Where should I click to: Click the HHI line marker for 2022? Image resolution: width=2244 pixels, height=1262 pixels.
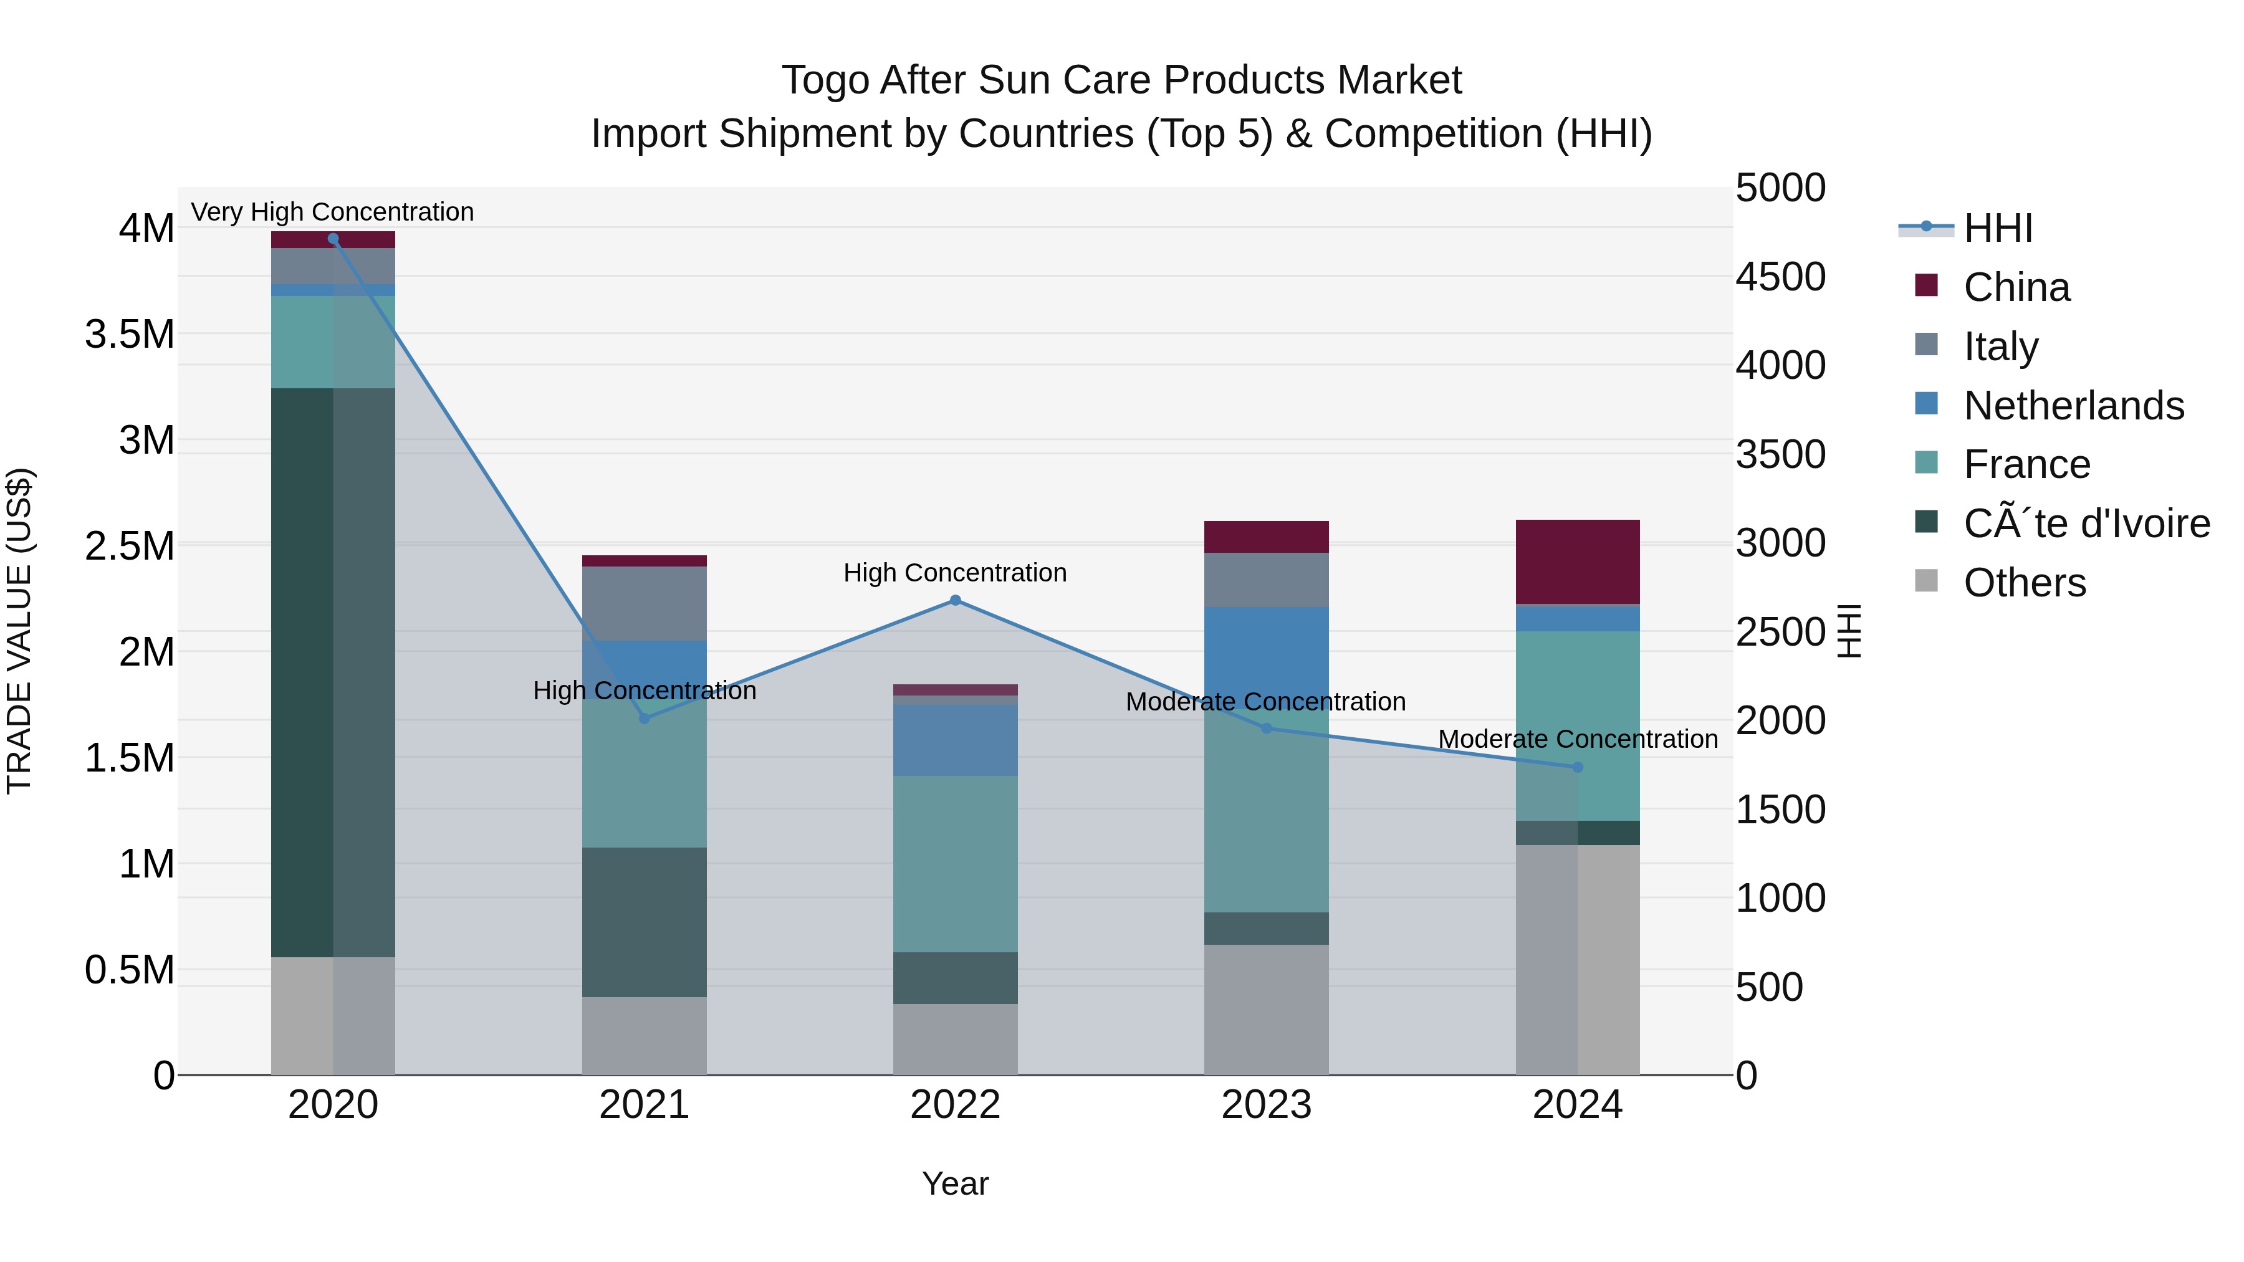tap(955, 600)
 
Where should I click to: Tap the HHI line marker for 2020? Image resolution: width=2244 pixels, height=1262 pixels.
tap(333, 239)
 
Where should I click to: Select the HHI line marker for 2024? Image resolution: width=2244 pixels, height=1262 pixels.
tap(1578, 767)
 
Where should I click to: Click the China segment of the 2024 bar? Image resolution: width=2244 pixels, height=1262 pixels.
tap(1578, 562)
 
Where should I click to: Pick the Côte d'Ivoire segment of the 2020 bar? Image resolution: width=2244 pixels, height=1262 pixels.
tap(333, 672)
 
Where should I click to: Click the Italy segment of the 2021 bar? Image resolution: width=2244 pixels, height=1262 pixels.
tap(644, 603)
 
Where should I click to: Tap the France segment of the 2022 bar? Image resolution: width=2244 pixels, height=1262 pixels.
tap(955, 864)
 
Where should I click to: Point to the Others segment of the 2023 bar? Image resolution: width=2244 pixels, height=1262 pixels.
tap(1267, 1010)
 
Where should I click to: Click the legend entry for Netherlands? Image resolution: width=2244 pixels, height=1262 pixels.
tap(2073, 406)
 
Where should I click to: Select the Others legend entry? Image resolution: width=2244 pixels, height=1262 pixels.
tap(2025, 583)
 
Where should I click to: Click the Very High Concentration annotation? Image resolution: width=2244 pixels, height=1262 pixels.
tap(333, 213)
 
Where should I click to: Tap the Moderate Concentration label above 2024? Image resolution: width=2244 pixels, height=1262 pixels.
tap(1578, 739)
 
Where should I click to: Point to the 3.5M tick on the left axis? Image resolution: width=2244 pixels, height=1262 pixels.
tap(130, 335)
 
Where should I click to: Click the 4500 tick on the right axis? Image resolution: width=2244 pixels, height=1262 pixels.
tap(1781, 277)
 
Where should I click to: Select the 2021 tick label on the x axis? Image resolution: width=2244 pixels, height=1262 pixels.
tap(644, 1105)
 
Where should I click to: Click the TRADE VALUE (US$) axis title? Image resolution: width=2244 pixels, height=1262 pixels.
tap(20, 631)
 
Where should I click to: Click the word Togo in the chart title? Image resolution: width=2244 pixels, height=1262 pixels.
tap(826, 80)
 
